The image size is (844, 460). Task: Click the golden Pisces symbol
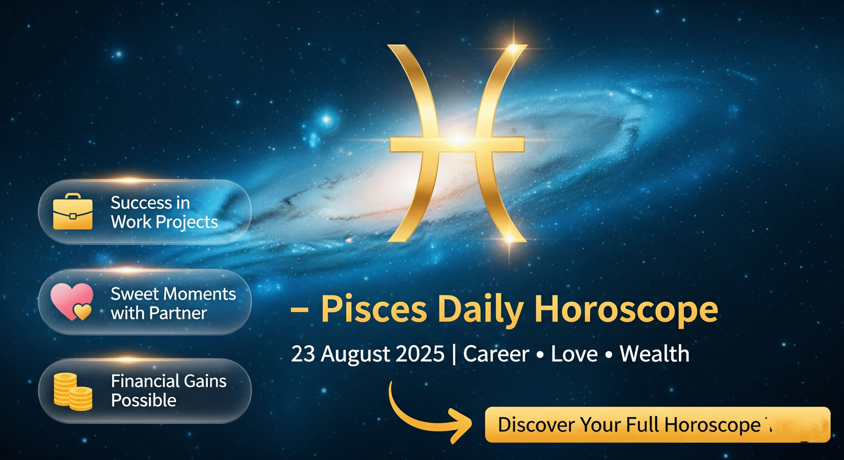(x=457, y=145)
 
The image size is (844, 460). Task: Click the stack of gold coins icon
(x=73, y=392)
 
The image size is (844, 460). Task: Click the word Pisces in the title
(x=374, y=309)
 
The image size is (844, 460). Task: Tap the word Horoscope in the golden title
(x=626, y=310)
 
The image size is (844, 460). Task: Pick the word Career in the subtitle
(x=496, y=354)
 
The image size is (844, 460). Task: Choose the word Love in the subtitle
(x=574, y=354)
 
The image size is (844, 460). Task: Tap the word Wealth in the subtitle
(x=654, y=354)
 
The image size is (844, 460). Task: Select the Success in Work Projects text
(x=164, y=212)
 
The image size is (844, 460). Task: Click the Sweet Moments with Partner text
(x=173, y=303)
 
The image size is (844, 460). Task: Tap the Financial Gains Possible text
(x=169, y=390)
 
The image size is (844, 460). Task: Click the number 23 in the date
(x=303, y=354)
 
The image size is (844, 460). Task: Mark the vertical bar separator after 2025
(x=454, y=355)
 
